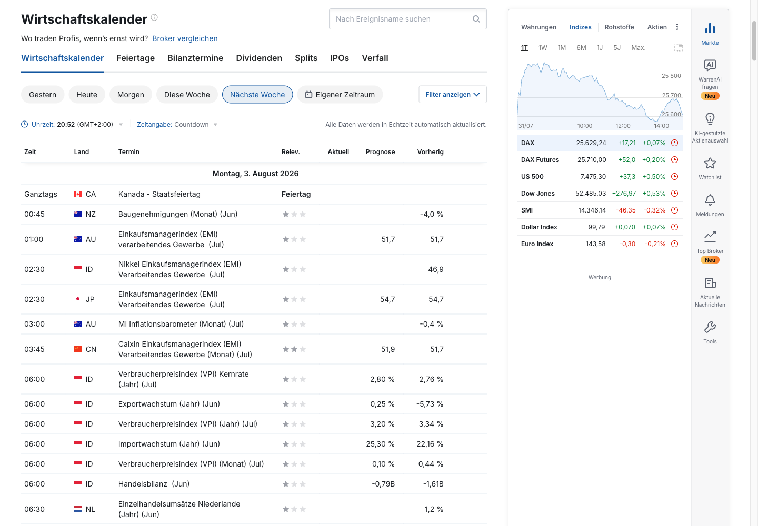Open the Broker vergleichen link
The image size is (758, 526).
click(185, 38)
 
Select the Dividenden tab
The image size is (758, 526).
click(259, 58)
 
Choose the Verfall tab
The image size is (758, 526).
click(375, 58)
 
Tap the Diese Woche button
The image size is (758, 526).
click(187, 95)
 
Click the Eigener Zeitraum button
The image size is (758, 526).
click(340, 95)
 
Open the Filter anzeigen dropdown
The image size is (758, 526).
click(453, 94)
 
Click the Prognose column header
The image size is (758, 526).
click(380, 152)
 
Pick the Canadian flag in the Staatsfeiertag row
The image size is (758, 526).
click(78, 195)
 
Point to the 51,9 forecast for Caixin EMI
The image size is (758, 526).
click(388, 349)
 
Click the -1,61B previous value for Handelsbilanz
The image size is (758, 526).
click(433, 484)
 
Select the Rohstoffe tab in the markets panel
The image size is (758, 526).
click(619, 27)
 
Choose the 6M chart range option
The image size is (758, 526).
click(581, 48)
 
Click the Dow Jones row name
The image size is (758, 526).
click(538, 194)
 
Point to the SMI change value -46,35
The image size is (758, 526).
click(625, 210)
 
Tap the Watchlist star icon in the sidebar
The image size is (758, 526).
click(710, 164)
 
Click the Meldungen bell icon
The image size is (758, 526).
click(710, 200)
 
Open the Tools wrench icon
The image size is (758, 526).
click(710, 327)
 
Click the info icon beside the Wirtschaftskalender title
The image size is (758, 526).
click(154, 17)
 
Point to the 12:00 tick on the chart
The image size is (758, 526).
click(623, 126)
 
